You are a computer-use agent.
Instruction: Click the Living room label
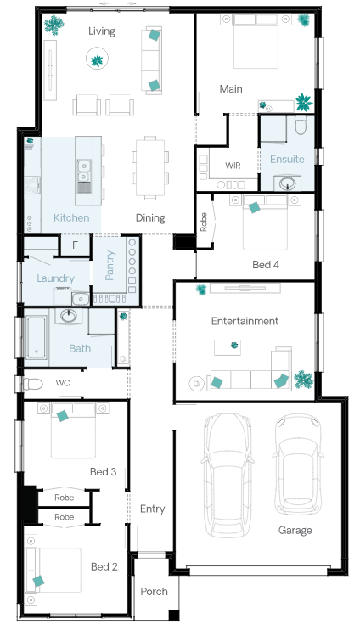click(x=102, y=31)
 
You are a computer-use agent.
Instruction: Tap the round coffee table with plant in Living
click(x=97, y=59)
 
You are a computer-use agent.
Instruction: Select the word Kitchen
click(x=71, y=217)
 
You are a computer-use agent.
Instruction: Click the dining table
click(x=150, y=167)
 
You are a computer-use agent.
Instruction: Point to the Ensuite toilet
click(x=301, y=125)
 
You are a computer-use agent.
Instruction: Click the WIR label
click(x=233, y=165)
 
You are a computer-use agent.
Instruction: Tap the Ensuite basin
click(x=287, y=183)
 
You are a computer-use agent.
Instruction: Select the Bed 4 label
click(x=266, y=265)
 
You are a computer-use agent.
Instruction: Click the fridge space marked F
click(x=75, y=245)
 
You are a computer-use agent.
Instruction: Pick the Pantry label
click(x=110, y=265)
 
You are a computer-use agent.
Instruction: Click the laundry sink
click(x=81, y=299)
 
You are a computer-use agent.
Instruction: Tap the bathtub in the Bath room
click(x=37, y=337)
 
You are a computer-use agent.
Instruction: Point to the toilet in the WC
click(x=32, y=384)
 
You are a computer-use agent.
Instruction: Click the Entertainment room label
click(x=245, y=321)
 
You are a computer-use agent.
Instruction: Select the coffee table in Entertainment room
click(x=228, y=347)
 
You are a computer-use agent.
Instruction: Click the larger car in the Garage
click(x=228, y=475)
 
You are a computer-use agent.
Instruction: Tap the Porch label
click(x=154, y=592)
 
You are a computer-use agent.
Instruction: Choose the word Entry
click(x=152, y=509)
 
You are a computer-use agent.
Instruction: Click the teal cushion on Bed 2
click(x=38, y=581)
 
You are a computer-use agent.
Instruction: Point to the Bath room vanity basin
click(x=69, y=316)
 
